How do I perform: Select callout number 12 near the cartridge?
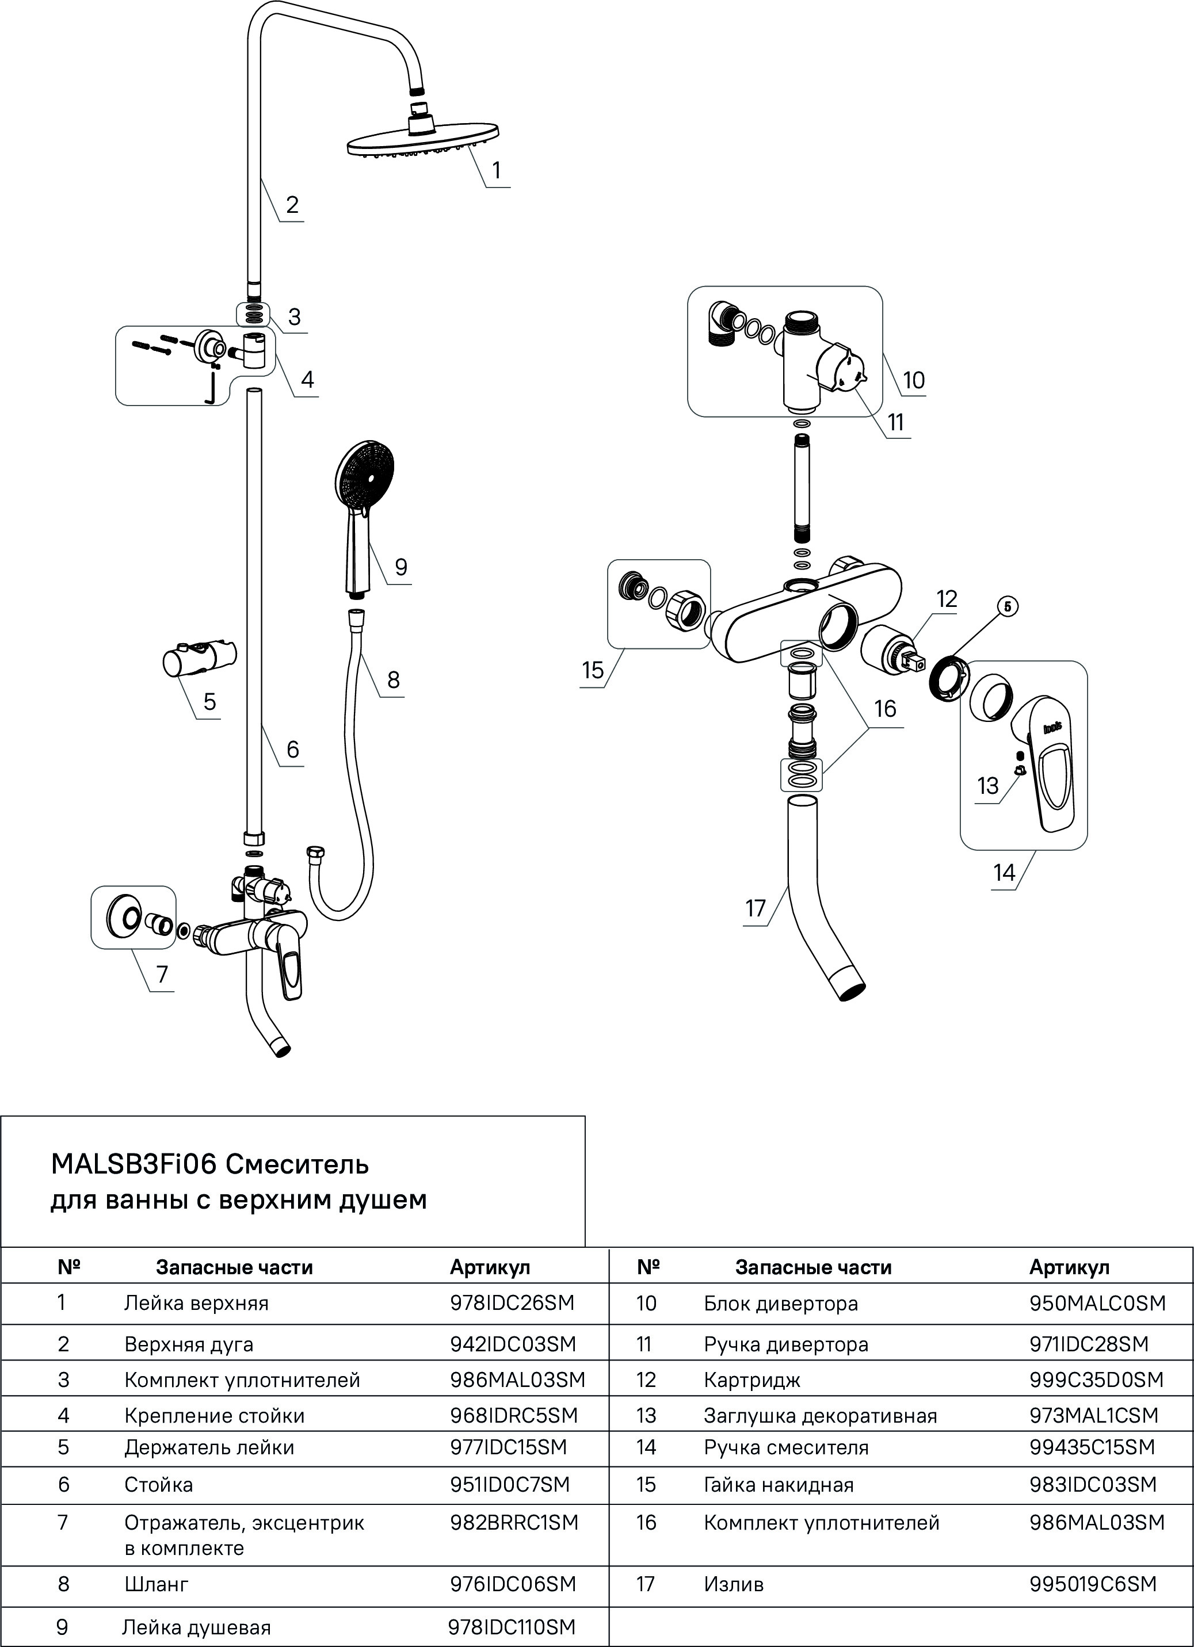pyautogui.click(x=947, y=599)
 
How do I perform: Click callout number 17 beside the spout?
pyautogui.click(x=756, y=908)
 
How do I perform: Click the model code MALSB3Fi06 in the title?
pyautogui.click(x=133, y=1164)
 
